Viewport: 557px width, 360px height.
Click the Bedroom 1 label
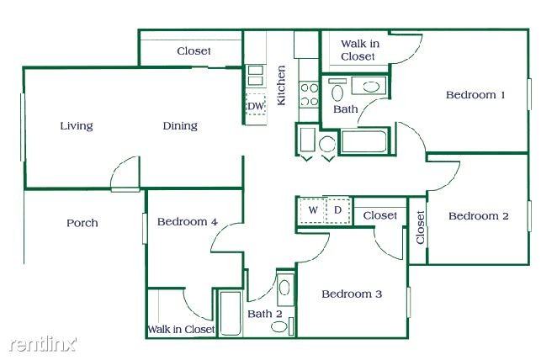coord(475,95)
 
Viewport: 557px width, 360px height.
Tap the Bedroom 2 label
coord(478,216)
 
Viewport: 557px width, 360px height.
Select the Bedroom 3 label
coord(352,294)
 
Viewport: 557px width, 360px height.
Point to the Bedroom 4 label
coord(188,222)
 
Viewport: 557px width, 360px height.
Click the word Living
coord(77,126)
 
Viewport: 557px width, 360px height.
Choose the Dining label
coord(180,126)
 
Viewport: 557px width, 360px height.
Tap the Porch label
coord(82,223)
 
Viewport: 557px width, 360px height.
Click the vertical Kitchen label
coord(282,85)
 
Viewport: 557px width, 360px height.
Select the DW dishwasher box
coord(256,105)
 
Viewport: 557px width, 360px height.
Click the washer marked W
coord(312,209)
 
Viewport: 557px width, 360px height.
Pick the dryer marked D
coord(337,209)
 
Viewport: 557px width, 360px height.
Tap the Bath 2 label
coord(264,314)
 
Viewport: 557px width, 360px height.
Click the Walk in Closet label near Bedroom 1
coord(358,50)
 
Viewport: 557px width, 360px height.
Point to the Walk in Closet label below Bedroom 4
coord(181,329)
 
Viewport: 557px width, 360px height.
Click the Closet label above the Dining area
coord(194,51)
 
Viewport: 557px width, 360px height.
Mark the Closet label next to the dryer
coord(380,215)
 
